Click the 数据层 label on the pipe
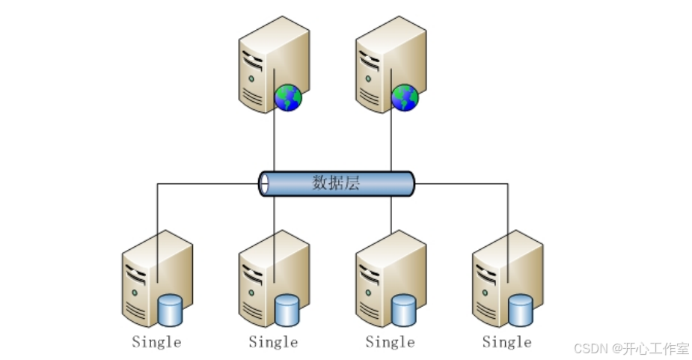pos(336,183)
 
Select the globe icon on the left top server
pos(288,97)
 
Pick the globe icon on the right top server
pos(405,97)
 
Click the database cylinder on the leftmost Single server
pos(171,311)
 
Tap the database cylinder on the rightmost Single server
pos(521,311)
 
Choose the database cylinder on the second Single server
pos(287,311)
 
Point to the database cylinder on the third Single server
pos(404,311)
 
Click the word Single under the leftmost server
pos(156,342)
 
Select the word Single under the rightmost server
pos(506,342)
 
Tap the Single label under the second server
pos(273,342)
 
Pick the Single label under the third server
pos(390,342)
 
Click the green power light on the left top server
pos(251,77)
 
